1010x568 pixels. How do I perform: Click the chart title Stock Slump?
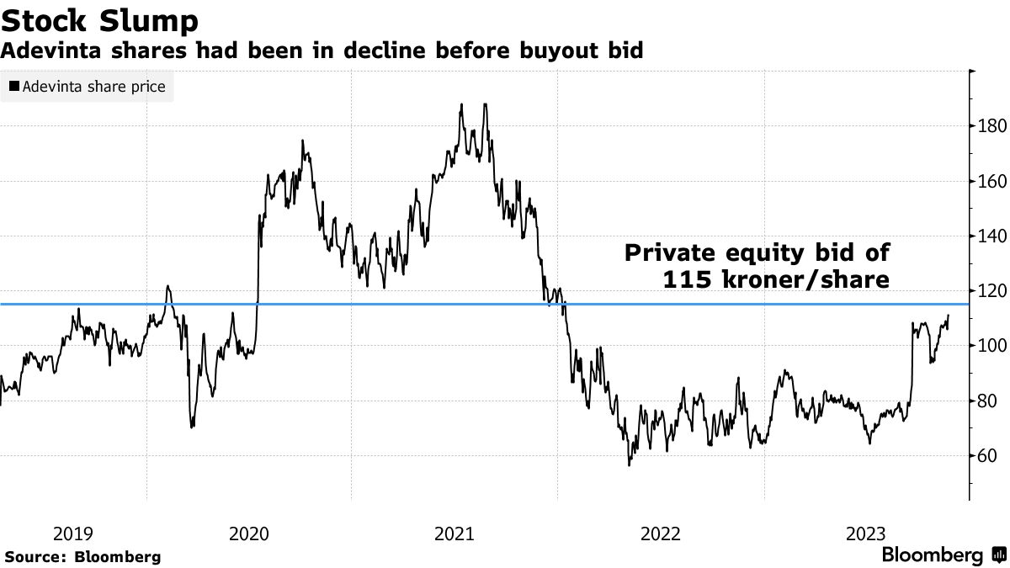(100, 19)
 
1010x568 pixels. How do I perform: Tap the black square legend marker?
(14, 87)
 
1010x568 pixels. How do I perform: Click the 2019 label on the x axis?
(74, 533)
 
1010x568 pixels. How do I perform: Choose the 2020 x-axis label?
(249, 533)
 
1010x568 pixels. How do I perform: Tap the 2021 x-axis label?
(454, 533)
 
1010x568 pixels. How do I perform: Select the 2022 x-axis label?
(660, 533)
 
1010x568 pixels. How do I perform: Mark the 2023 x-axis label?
(865, 533)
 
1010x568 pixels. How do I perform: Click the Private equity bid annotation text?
(757, 266)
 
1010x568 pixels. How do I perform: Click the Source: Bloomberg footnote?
(82, 556)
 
